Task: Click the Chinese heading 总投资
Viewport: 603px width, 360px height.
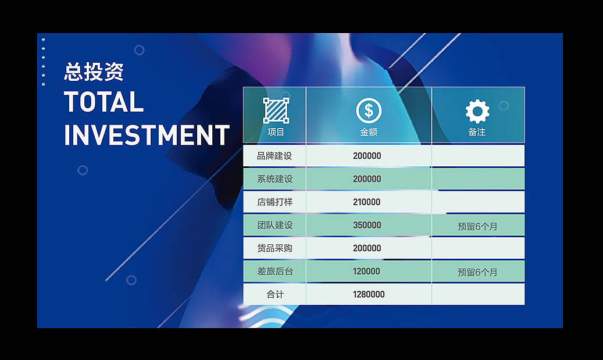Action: pos(94,72)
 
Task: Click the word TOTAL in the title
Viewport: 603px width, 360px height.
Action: pos(104,102)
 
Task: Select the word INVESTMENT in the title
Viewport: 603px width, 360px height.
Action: pos(147,135)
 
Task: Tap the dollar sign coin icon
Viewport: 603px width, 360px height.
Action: pos(369,111)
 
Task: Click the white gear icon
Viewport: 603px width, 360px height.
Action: pos(477,112)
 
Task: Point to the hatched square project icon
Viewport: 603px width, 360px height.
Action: pos(276,111)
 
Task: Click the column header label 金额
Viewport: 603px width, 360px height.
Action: pos(369,132)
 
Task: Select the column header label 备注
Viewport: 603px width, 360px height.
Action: pos(477,132)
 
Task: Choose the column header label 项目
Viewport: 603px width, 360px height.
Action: pos(276,132)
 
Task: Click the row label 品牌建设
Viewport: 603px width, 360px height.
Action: pos(274,156)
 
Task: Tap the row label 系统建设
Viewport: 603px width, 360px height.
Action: pos(274,179)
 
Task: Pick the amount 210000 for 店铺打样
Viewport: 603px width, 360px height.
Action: pos(367,202)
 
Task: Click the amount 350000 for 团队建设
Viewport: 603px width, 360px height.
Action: pos(367,225)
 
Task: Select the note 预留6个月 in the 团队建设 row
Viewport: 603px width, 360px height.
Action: pos(477,227)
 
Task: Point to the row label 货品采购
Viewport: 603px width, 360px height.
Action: pos(274,248)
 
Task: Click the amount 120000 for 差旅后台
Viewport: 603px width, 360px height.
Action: pos(366,271)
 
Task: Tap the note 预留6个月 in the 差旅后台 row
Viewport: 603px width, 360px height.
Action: pos(477,272)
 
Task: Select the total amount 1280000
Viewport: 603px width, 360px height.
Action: pos(369,294)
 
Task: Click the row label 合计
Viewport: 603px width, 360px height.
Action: pos(276,294)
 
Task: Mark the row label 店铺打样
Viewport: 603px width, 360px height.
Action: pos(274,202)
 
